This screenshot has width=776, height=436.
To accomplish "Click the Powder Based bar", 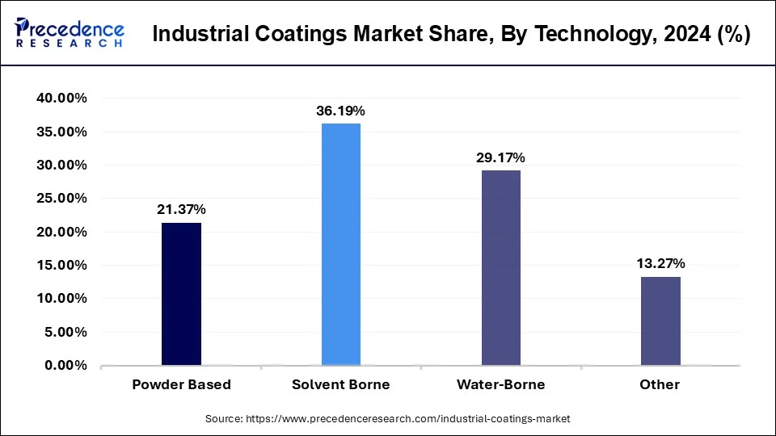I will (181, 294).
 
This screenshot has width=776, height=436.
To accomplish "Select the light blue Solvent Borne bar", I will (341, 245).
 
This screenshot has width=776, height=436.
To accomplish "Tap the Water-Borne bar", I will (500, 267).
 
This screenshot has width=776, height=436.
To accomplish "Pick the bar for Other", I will (660, 321).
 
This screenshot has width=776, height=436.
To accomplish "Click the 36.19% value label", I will (340, 111).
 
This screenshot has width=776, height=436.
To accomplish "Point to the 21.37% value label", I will (181, 210).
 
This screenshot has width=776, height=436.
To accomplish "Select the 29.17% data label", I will (500, 157).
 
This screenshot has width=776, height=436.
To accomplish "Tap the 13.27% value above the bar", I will (660, 263).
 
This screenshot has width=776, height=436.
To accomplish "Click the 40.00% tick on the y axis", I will (61, 98).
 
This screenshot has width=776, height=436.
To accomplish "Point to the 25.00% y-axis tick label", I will (61, 199).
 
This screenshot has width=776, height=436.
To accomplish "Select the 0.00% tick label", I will (65, 366).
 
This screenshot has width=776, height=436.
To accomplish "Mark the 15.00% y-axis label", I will (61, 266).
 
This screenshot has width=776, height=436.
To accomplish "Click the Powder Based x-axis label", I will (181, 385).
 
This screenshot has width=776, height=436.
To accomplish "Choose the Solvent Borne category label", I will (340, 385).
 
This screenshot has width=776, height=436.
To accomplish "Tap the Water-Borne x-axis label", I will (500, 385).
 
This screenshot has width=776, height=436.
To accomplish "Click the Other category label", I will (660, 385).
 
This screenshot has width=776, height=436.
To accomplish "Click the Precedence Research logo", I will (70, 33).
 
